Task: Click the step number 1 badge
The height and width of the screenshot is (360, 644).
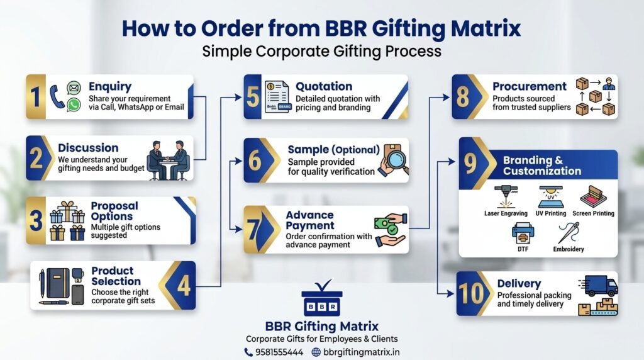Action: point(35,96)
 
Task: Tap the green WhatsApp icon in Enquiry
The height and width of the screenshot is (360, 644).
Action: point(74,105)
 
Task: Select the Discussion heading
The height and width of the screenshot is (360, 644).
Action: point(88,147)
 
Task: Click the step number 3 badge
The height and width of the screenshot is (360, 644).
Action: point(36,220)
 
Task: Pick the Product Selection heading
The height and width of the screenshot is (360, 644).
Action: point(116,276)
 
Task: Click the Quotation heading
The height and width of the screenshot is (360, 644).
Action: point(324,86)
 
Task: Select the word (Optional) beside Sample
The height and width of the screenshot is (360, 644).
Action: point(357,150)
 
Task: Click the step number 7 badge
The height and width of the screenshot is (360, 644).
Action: point(253,230)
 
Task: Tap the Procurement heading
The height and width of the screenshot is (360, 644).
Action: point(530,86)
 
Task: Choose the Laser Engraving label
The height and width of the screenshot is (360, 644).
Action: point(504,213)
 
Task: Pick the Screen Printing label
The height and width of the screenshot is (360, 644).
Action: point(592,213)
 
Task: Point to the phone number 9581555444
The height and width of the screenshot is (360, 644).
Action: point(279,352)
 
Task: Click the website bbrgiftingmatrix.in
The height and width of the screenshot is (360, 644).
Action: point(361,352)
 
